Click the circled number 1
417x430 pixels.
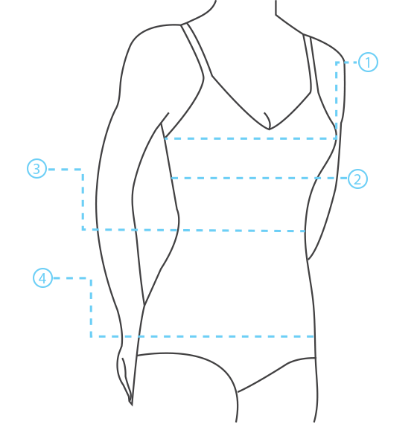click(x=368, y=62)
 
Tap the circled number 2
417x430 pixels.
click(x=357, y=179)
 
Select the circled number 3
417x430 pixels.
click(x=36, y=168)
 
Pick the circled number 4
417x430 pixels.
click(x=43, y=277)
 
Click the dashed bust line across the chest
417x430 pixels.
click(x=250, y=139)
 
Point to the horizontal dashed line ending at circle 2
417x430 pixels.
click(x=259, y=179)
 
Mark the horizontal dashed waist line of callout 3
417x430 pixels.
click(x=194, y=230)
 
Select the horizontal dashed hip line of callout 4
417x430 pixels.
click(x=203, y=336)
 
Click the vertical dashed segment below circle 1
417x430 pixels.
click(x=337, y=100)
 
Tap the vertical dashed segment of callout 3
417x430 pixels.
click(x=83, y=199)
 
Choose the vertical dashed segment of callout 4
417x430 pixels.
click(x=91, y=307)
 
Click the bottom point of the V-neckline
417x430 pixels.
click(x=269, y=129)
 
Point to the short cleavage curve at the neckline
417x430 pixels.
click(x=268, y=120)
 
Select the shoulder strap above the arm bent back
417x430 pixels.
click(x=311, y=63)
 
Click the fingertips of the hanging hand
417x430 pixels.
click(x=131, y=403)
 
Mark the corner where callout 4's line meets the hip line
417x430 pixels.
click(x=91, y=336)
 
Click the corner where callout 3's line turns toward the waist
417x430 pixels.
click(x=83, y=170)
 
